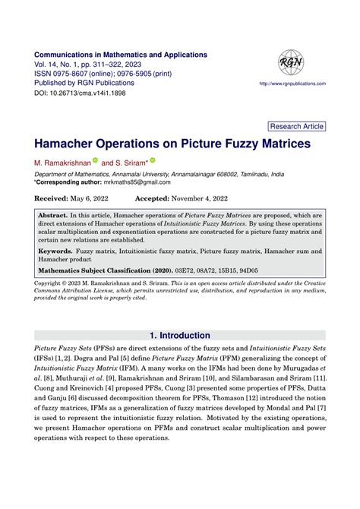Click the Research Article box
[x=297, y=127]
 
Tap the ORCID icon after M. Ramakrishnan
[x=96, y=161]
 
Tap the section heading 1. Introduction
[x=180, y=336]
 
